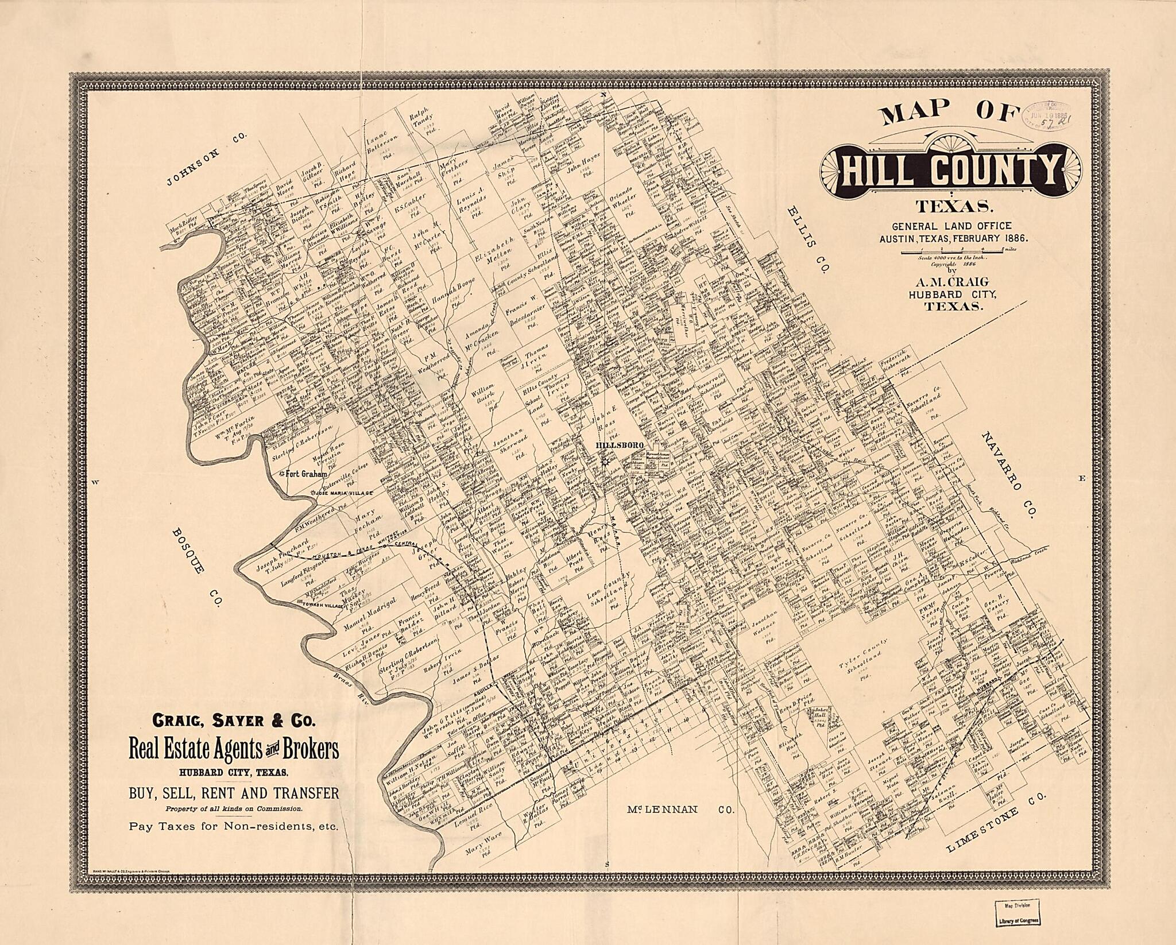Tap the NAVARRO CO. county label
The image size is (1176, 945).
[x=1008, y=474]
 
